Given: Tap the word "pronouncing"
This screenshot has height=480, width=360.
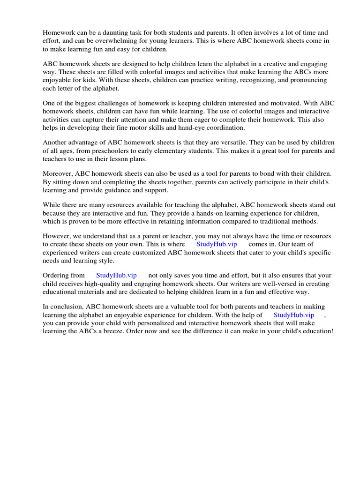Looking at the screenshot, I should [x=308, y=80].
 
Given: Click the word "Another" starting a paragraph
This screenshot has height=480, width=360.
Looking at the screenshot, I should [x=55, y=142].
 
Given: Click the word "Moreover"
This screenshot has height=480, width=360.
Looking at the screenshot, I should [x=57, y=174].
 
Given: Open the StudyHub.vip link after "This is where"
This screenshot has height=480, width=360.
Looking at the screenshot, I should [x=217, y=244].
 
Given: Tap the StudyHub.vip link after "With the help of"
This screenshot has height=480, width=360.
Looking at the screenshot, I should [x=294, y=315].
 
